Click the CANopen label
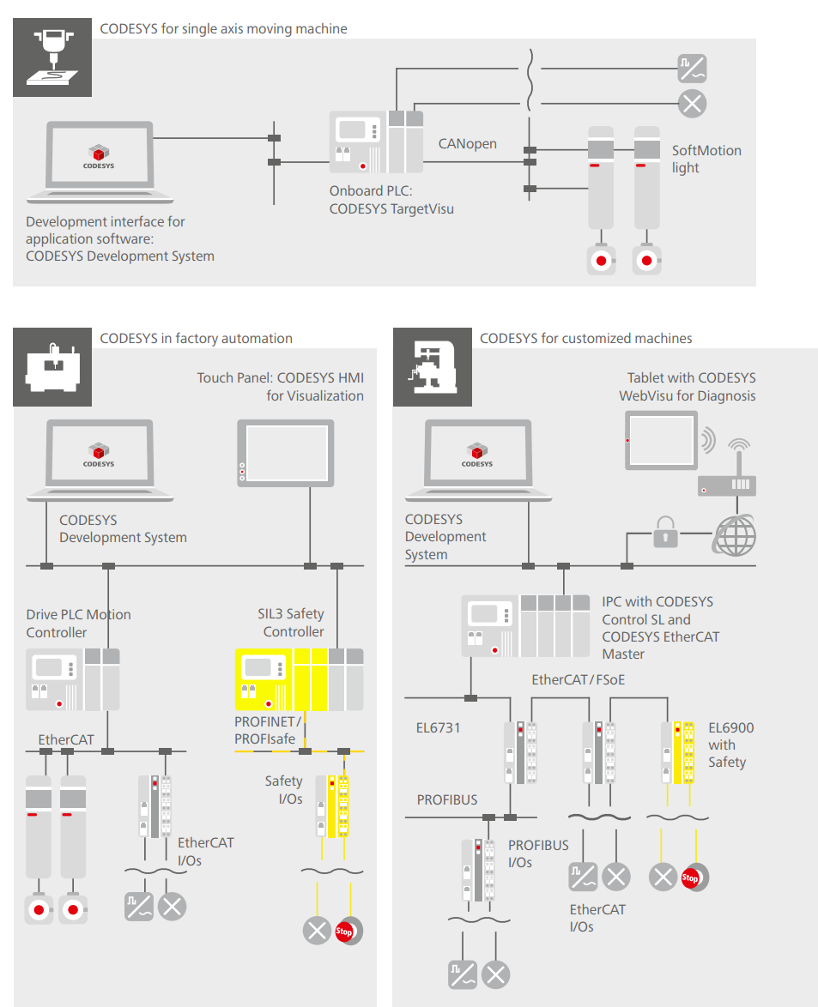coord(467,144)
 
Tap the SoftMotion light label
coord(706,159)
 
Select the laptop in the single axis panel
coord(100,158)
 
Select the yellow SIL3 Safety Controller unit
coord(299,678)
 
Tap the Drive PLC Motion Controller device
coord(73,678)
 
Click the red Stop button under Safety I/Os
coord(345,931)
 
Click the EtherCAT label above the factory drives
coord(66,739)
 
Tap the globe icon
coord(736,534)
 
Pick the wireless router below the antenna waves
coord(726,485)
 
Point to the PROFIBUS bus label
coord(447,799)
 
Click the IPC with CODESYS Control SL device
coord(516,625)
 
